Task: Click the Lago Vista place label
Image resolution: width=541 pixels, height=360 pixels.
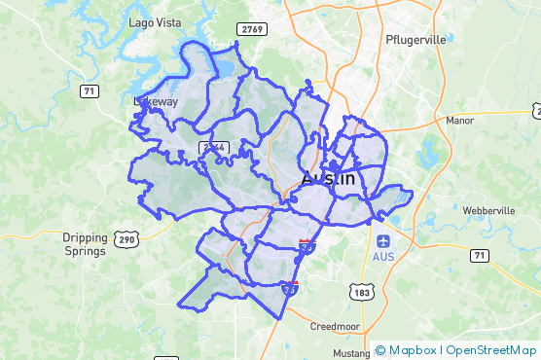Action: click(153, 21)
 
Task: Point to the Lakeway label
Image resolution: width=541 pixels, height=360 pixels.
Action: click(156, 100)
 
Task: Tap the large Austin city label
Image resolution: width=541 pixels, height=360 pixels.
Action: click(328, 180)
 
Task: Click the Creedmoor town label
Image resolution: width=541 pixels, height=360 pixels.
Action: click(337, 327)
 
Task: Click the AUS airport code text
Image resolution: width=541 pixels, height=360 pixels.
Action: click(383, 256)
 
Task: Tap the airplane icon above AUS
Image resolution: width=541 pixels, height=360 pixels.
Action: click(383, 239)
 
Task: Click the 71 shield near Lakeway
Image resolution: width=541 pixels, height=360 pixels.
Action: click(90, 90)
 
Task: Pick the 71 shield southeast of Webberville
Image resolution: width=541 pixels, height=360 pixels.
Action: click(478, 255)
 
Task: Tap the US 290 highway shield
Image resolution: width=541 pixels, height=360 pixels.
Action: click(127, 238)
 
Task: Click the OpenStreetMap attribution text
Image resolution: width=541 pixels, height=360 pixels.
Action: click(491, 350)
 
